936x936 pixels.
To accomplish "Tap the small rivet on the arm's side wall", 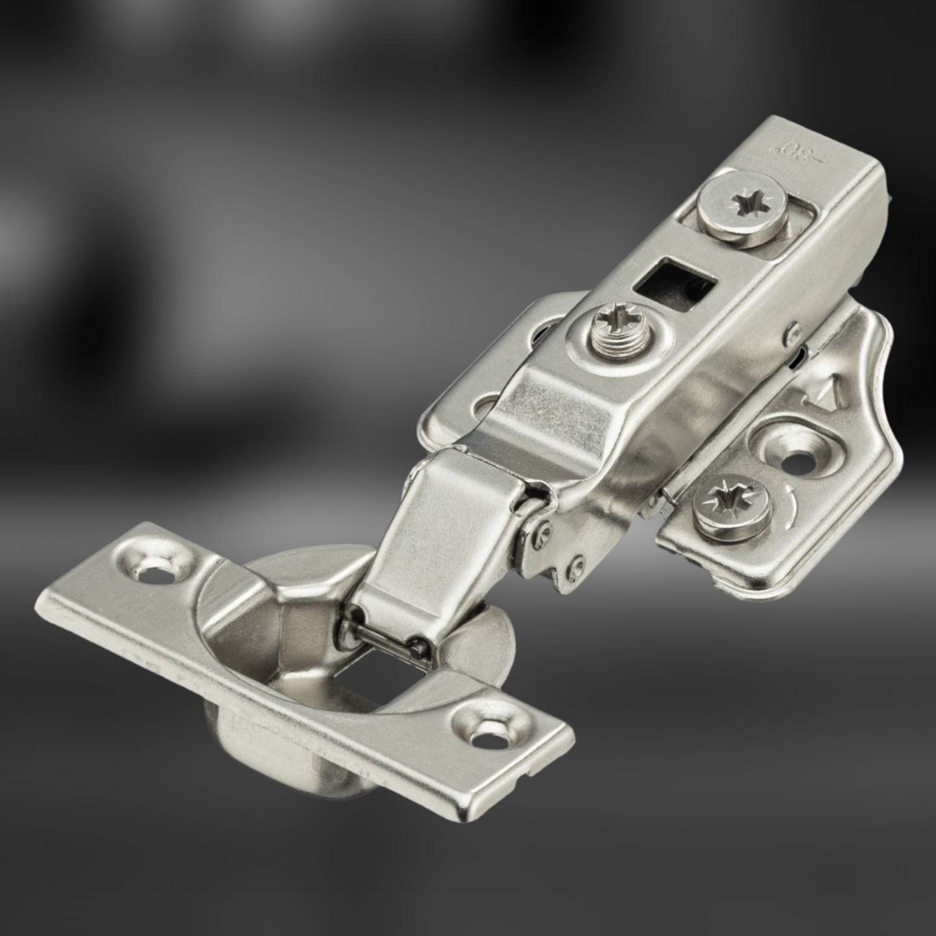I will coord(793,333).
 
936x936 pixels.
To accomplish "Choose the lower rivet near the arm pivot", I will coord(574,565).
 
